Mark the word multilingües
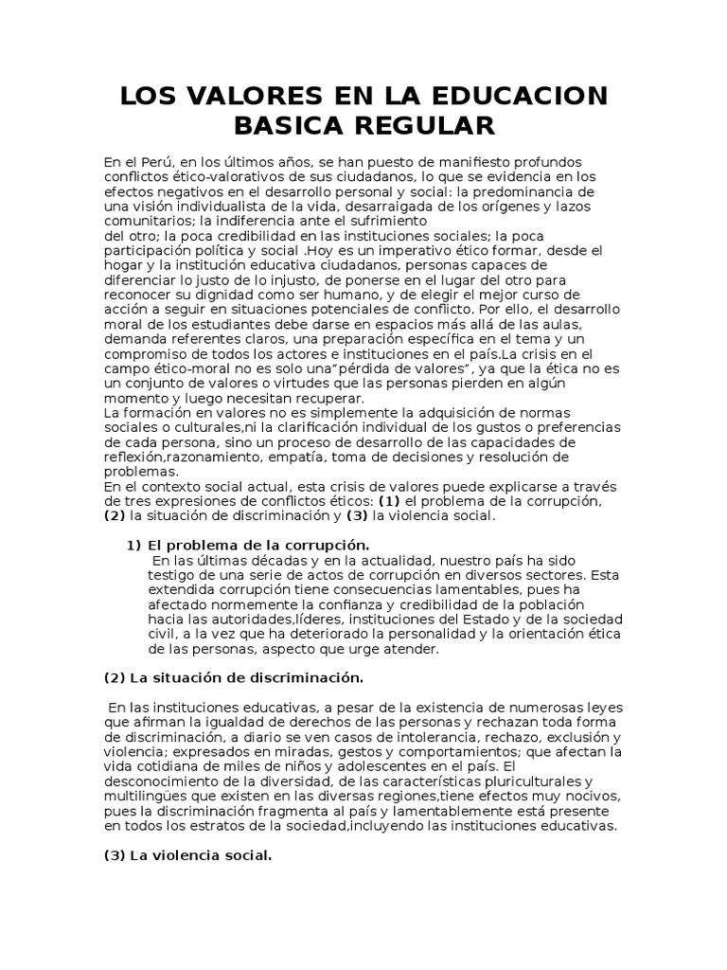coord(143,796)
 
